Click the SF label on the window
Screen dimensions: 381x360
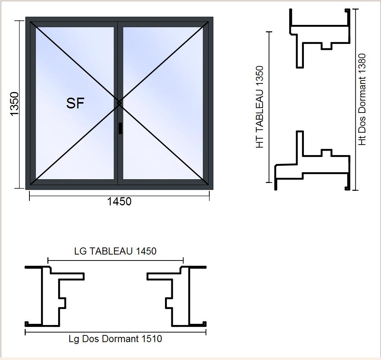[x=75, y=103]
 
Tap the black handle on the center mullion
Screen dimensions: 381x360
[x=120, y=128]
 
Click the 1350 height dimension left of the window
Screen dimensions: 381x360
[x=15, y=104]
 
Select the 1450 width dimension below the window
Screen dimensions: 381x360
[x=119, y=202]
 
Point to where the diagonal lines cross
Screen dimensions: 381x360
[x=119, y=103]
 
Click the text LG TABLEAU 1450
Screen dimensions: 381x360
[x=115, y=251]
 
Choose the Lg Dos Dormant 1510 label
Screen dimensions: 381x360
[x=115, y=339]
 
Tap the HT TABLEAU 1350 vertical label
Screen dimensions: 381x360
[x=260, y=107]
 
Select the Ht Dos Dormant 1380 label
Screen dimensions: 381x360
[x=362, y=100]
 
